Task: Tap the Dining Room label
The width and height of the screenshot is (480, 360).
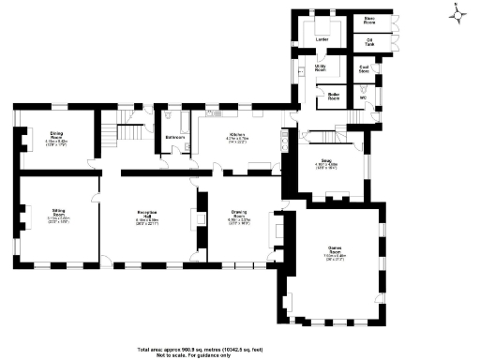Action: click(x=56, y=135)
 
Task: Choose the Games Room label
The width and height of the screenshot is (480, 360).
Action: click(x=335, y=252)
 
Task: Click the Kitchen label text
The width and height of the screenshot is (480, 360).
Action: click(x=235, y=135)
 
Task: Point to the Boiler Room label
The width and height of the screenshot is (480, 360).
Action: click(x=331, y=95)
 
